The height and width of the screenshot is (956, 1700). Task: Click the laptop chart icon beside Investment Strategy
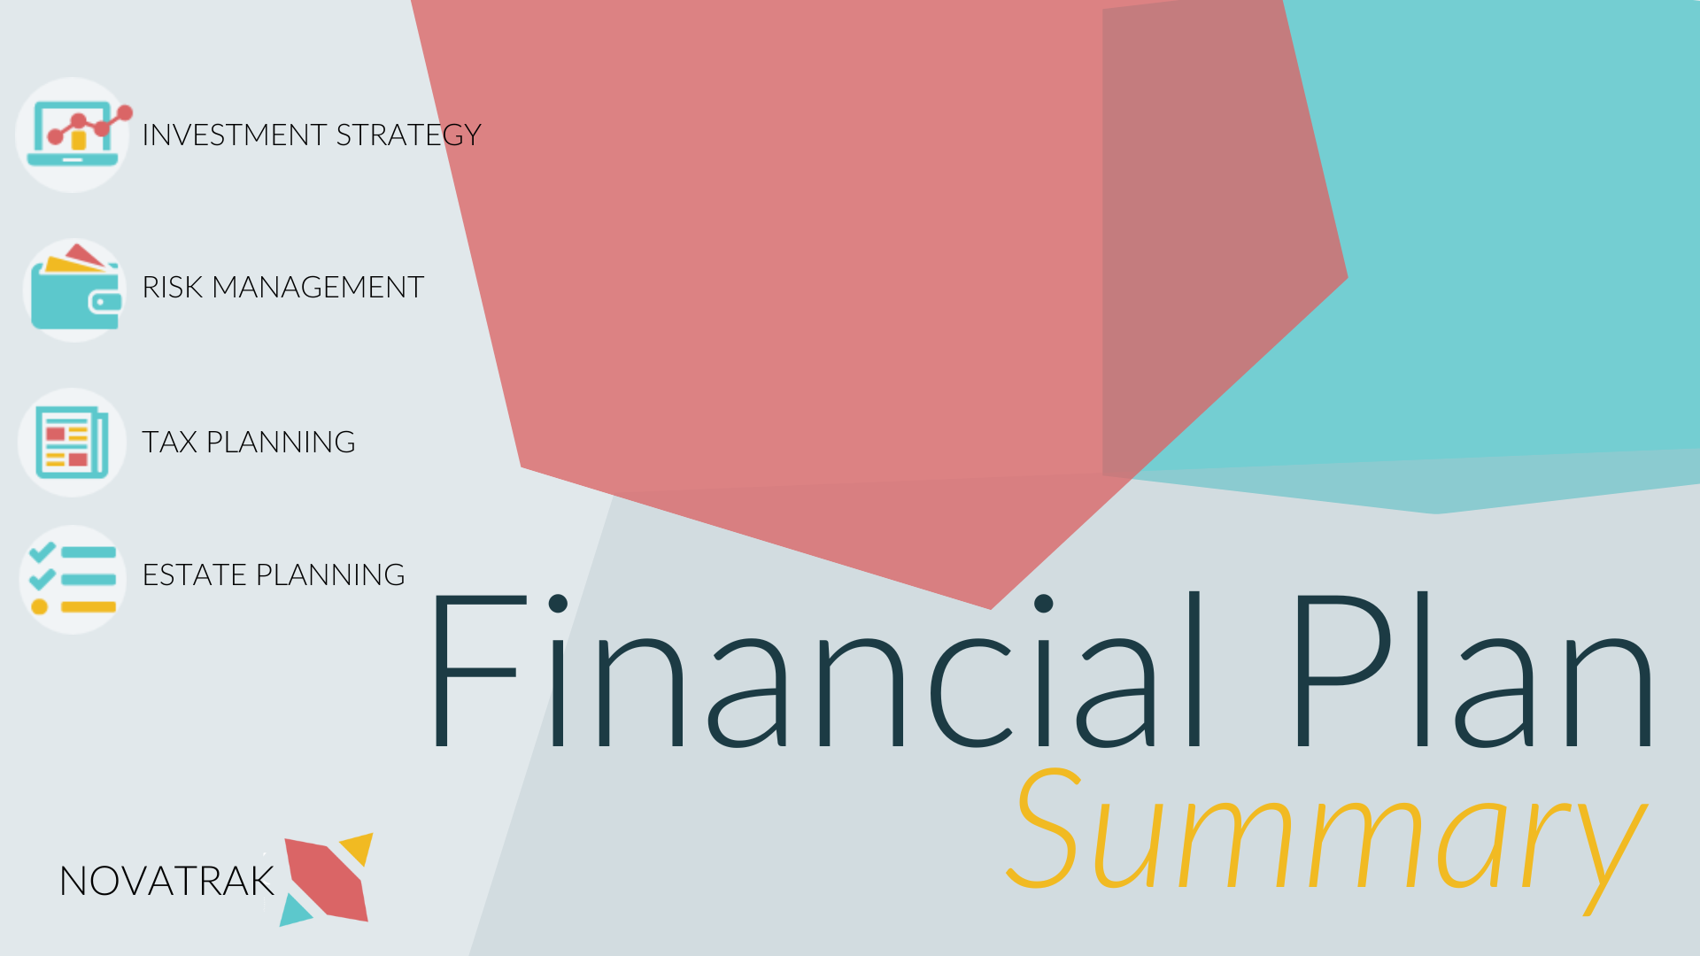click(73, 135)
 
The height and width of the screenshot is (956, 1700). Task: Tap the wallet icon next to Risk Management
click(74, 289)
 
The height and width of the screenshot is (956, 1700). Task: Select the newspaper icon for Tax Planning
click(73, 442)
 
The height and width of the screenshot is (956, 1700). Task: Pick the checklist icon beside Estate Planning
click(73, 580)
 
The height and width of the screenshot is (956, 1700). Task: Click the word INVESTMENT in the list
click(235, 135)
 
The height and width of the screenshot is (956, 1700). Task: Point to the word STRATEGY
click(408, 135)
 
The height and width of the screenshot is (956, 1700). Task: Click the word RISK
click(173, 288)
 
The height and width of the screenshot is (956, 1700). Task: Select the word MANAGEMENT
click(318, 288)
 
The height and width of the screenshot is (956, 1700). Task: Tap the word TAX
click(169, 443)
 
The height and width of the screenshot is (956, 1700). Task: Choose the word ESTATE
click(194, 575)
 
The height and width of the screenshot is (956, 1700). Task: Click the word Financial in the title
click(815, 673)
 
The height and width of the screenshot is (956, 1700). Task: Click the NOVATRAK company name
click(166, 882)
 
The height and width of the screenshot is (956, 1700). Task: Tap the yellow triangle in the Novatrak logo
click(359, 847)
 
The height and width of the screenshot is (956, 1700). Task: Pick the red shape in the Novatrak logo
click(326, 878)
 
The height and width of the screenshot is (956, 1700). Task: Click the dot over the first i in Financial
click(558, 604)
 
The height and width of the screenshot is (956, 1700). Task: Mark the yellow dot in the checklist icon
click(39, 606)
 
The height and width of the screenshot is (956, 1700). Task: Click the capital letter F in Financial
click(474, 673)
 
